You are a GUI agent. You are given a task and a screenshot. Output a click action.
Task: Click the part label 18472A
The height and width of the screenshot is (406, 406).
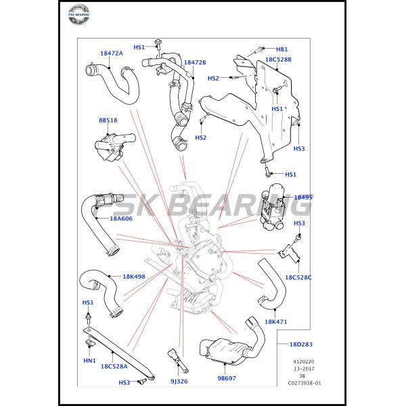point(111,53)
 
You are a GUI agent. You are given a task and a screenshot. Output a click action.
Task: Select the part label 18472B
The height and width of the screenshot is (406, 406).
point(195,62)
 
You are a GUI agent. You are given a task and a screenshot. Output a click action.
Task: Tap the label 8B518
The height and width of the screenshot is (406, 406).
point(108,120)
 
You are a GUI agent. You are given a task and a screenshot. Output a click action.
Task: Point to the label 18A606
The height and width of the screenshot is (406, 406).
point(121,219)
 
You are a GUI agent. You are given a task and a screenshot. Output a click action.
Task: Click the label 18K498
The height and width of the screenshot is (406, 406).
point(134,276)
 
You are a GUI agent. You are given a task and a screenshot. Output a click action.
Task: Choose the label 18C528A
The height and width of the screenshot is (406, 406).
point(114,366)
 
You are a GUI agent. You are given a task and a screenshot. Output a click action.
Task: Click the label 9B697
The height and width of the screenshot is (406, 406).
point(226,378)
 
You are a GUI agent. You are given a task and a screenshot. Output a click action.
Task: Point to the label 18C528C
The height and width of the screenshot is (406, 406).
point(298,277)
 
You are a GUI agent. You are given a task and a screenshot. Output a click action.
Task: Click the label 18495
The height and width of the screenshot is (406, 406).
point(303,198)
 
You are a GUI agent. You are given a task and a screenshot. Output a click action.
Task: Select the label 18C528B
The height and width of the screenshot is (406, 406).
point(278,60)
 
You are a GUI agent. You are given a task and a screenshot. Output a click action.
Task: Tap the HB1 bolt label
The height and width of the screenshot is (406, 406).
point(281,49)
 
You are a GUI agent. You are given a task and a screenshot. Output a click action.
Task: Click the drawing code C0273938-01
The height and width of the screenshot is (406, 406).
point(304,383)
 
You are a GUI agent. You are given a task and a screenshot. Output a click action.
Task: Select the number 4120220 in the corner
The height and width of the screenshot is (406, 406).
point(304,361)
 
